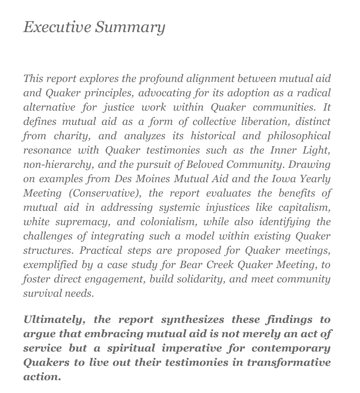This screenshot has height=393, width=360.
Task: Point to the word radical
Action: [313, 93]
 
